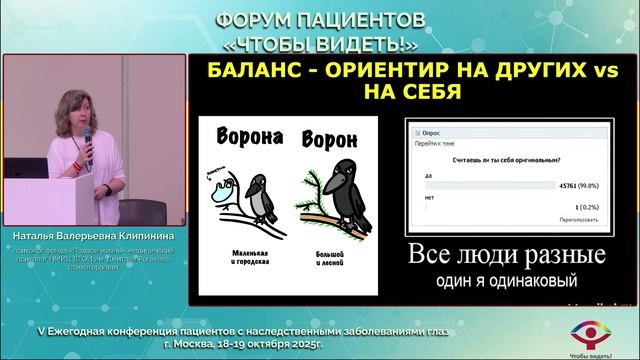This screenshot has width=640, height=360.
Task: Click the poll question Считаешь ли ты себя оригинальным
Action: click(x=491, y=162)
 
